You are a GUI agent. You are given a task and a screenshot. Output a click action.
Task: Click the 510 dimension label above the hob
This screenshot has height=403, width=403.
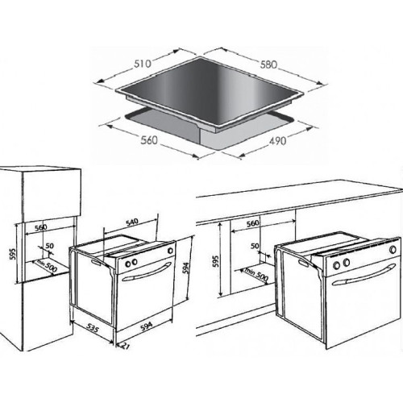pos(143,64)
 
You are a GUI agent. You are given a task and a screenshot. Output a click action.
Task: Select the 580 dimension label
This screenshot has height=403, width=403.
pos(268,64)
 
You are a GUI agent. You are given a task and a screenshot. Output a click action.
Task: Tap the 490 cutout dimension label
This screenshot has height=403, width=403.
pos(278,141)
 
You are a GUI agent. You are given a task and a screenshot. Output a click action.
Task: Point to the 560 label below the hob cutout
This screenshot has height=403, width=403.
pos(149,140)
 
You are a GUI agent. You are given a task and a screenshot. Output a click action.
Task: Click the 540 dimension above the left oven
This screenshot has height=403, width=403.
pos(132,222)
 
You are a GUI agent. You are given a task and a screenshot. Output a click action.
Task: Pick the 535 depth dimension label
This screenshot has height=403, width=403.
pos(93,328)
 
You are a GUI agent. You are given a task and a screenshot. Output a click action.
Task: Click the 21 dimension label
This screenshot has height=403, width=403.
pos(126,346)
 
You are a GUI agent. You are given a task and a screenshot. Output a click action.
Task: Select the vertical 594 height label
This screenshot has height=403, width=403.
pos(186,268)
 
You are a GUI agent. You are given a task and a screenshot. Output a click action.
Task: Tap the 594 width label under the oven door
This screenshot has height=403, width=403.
pos(147,326)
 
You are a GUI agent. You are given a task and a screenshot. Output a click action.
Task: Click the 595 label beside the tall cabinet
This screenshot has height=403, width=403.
pos(13,254)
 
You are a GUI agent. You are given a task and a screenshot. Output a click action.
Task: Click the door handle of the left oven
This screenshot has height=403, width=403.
pos(147,272)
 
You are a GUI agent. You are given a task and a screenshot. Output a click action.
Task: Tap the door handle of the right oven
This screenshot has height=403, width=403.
pos(364,275)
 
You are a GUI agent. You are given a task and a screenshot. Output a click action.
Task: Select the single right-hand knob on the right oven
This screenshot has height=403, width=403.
pos(393,250)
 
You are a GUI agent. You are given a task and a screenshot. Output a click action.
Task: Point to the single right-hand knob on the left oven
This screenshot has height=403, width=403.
pos(170,251)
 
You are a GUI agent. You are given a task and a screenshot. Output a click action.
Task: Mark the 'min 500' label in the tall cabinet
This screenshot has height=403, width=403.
pos(47,266)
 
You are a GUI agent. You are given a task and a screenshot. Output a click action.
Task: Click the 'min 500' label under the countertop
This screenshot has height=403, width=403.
pos(256,274)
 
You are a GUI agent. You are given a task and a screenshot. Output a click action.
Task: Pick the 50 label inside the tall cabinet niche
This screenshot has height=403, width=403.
pos(49,246)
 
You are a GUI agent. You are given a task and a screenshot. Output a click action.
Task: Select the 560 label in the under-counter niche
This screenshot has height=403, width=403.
pos(253,223)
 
